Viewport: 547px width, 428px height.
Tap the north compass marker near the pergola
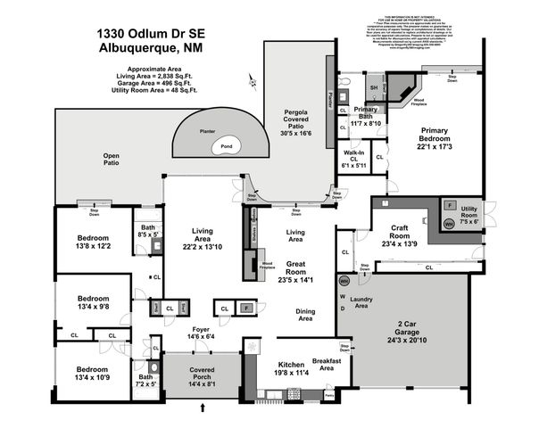253,83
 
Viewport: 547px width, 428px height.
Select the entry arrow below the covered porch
203,407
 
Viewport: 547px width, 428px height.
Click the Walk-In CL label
354,160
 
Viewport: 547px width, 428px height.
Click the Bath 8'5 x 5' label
147,233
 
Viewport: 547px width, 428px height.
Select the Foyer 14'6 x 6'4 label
200,333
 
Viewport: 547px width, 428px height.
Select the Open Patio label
112,159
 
